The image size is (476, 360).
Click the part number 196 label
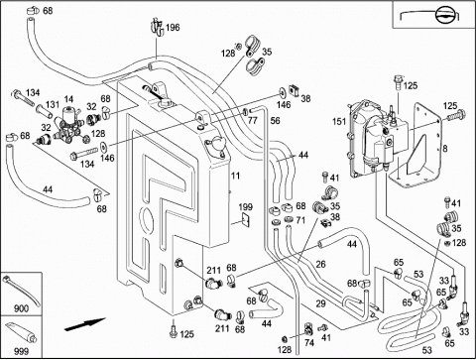(173, 27)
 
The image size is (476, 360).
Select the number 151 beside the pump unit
(339, 121)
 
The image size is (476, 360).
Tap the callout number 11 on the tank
(235, 176)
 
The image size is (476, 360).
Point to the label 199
(246, 207)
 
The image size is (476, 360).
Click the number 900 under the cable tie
(21, 308)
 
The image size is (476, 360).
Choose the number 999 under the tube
(21, 351)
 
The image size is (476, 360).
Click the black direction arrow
(84, 324)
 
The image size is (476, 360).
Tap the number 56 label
(275, 121)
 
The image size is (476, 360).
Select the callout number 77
(252, 120)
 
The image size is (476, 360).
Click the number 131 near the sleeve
(53, 105)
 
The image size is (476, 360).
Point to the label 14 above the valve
(68, 99)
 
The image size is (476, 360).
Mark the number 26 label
(320, 264)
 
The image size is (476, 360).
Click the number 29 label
(320, 303)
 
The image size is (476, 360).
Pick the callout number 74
(309, 343)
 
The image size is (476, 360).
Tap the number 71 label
(300, 220)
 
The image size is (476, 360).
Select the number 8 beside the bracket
(445, 149)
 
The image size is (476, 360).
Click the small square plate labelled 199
(246, 219)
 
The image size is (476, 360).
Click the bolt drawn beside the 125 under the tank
(173, 331)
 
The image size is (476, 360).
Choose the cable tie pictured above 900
(21, 291)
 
